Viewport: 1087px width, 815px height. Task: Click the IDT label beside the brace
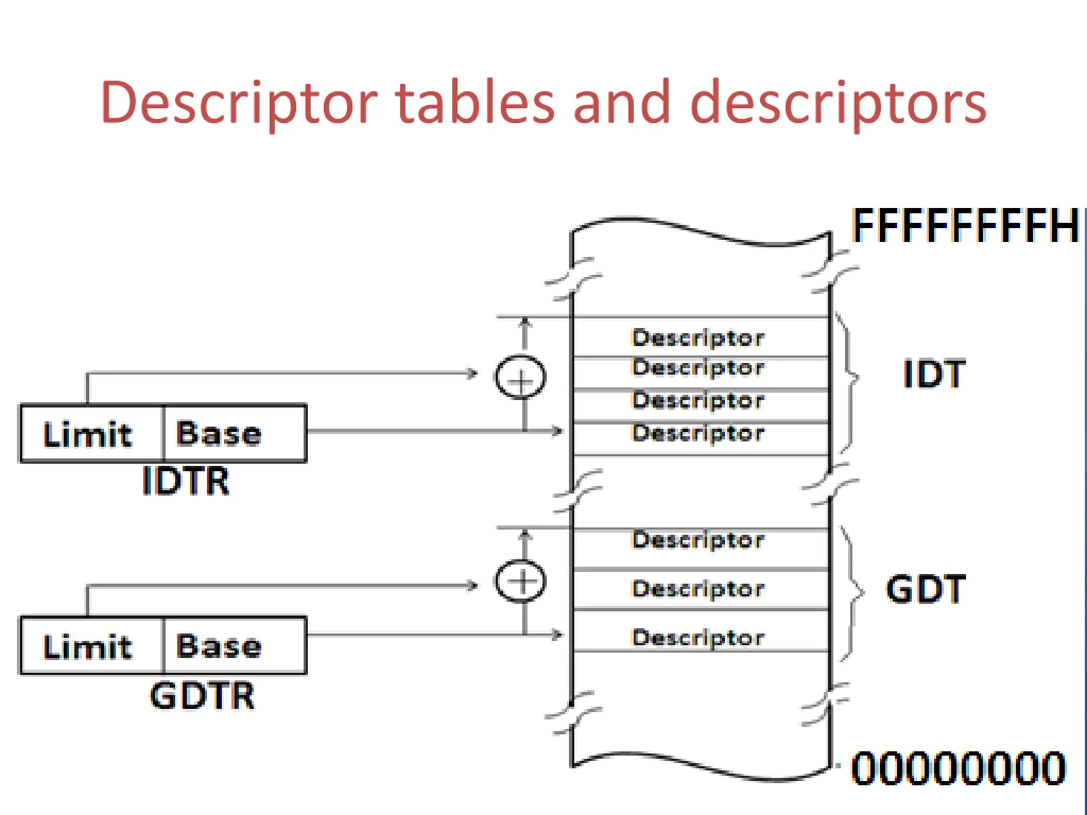pos(934,374)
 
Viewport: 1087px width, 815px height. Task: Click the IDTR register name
pos(186,481)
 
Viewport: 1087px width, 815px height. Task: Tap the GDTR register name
pos(202,695)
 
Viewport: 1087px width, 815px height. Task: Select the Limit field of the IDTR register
pos(92,433)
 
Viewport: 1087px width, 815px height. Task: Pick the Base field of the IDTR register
pos(235,433)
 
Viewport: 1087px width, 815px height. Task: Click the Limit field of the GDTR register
pos(92,646)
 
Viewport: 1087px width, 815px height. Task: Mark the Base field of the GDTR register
pos(235,646)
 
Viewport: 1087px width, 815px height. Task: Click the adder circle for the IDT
pos(521,377)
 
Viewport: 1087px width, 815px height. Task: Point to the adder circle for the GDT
pos(521,581)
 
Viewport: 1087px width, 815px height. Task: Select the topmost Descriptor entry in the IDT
pos(701,337)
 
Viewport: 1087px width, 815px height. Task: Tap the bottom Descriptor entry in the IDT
pos(701,438)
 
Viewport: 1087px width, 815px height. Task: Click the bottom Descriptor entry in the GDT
pos(701,631)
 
